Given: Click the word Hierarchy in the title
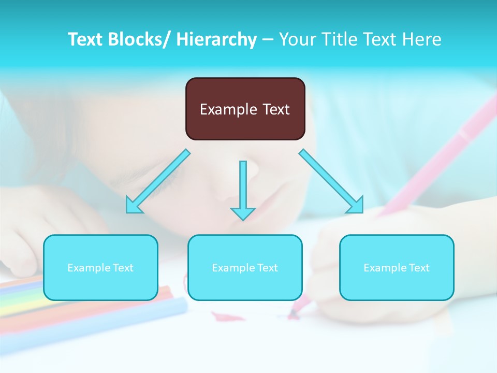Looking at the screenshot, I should coord(216,39).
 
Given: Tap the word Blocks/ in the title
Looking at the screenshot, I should coord(140,39).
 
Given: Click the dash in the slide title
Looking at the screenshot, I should coord(267,39).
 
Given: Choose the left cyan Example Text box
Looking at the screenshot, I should coord(100,267).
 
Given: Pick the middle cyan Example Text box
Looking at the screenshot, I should coord(245,267).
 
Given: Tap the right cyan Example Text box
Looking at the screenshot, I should coord(397,267).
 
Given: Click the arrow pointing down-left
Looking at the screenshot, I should coord(158,181).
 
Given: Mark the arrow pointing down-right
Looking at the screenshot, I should coord(331,181).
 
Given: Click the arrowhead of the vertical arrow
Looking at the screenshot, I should coord(243,213).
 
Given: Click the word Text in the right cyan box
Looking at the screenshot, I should coord(419,268).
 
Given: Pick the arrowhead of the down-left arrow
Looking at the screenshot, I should coord(134,206).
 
